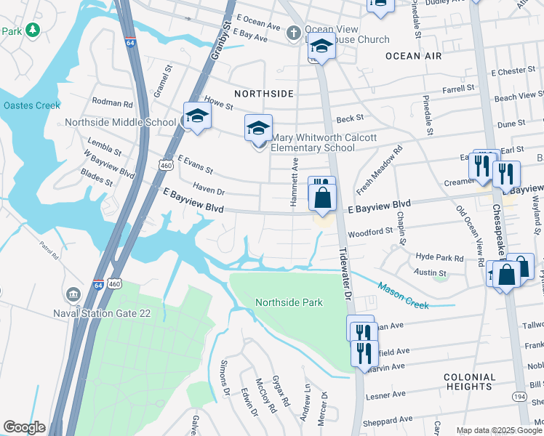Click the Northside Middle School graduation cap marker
(x=196, y=116)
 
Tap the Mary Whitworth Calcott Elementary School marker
(x=258, y=129)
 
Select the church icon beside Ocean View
(x=293, y=32)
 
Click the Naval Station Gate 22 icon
(x=73, y=294)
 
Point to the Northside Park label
(x=289, y=302)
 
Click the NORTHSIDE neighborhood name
(x=264, y=94)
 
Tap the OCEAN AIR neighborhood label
(x=413, y=56)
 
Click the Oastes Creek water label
(x=31, y=105)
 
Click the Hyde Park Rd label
(x=439, y=257)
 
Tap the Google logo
(x=24, y=427)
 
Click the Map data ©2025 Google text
(x=498, y=430)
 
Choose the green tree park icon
(x=32, y=30)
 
